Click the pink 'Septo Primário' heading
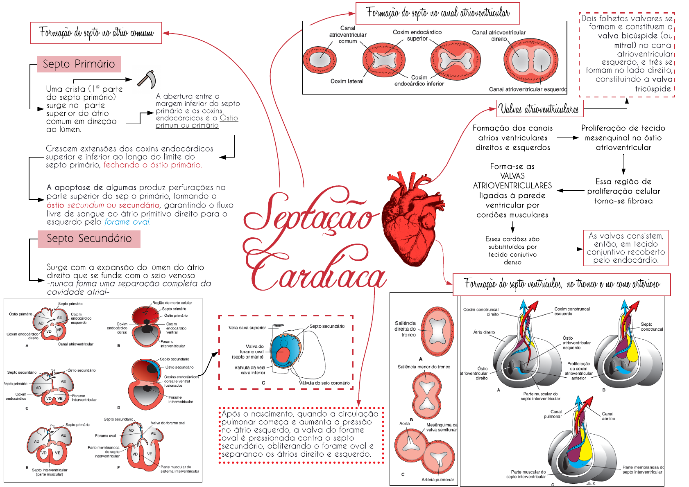point(79,64)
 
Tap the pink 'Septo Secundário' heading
point(89,239)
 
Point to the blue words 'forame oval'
point(127,222)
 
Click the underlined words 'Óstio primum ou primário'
point(197,122)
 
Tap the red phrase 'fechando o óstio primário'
point(152,165)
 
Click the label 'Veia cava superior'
point(247,328)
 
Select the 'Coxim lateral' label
point(347,81)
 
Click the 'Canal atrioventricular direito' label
point(499,36)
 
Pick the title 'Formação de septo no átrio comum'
point(96,33)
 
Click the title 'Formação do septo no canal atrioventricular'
point(437,13)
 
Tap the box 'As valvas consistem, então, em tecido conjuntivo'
point(626,248)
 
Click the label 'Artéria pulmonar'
point(437,480)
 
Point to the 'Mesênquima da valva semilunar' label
point(442,427)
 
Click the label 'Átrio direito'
point(484,332)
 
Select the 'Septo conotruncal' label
point(652,327)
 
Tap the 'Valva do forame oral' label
point(168,423)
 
